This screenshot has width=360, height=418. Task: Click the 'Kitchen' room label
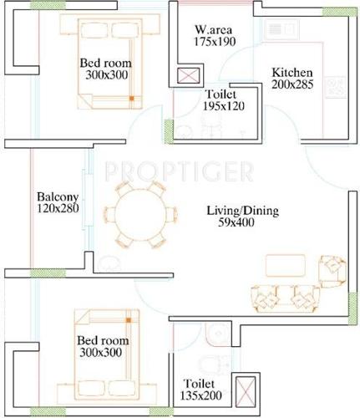click(x=292, y=73)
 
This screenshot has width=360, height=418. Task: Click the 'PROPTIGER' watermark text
click(x=179, y=172)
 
